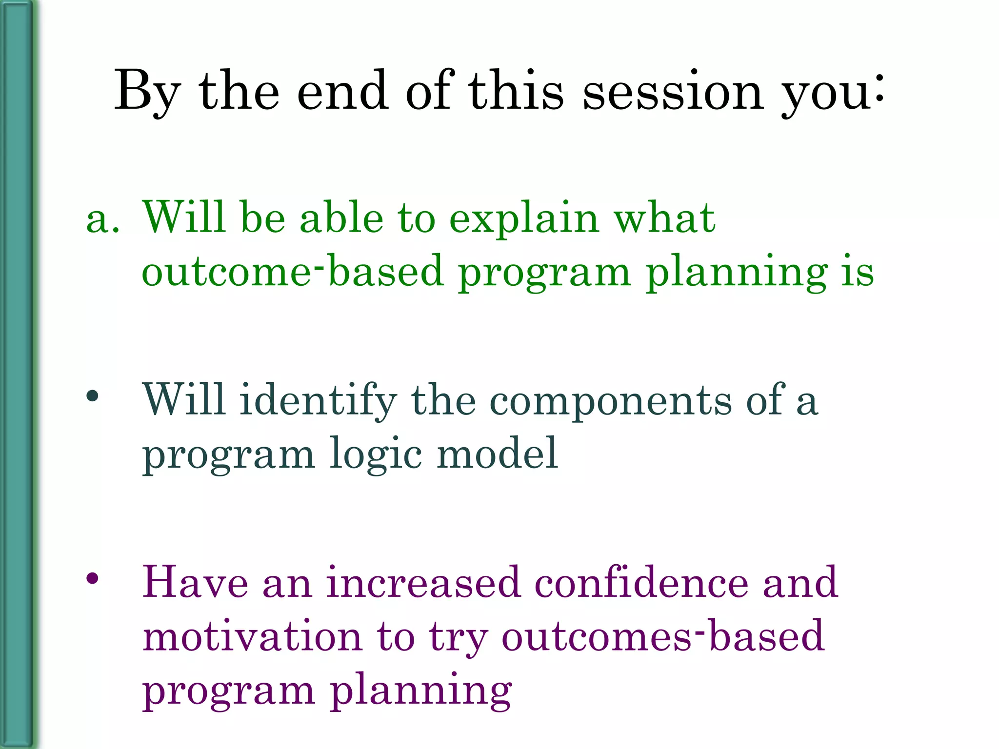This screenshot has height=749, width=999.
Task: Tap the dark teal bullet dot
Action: (92, 396)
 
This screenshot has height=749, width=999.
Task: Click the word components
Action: (610, 401)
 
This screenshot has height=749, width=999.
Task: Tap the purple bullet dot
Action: (92, 578)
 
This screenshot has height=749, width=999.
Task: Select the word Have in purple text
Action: (195, 582)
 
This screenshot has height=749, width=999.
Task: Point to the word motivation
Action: (252, 636)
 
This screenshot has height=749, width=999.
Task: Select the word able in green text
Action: (341, 218)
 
